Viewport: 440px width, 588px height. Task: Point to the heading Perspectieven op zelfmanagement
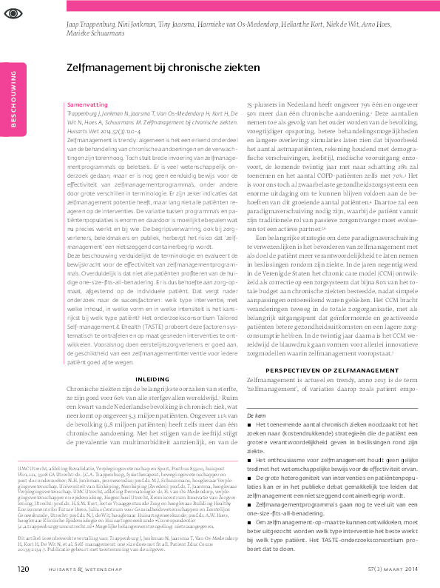(x=325, y=367)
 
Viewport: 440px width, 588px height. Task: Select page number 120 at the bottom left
(x=24, y=568)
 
